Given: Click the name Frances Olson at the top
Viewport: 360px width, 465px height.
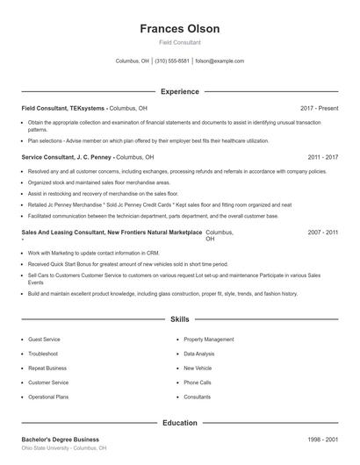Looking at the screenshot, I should point(179,28).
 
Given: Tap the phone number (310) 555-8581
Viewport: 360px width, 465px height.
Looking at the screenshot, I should point(172,61).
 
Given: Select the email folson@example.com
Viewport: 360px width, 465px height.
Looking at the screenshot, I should point(220,61).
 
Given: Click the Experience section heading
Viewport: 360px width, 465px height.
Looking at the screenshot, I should point(179,91).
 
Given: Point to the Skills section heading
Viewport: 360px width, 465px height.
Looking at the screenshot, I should point(179,320).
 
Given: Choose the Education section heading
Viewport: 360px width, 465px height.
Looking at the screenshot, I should point(179,423).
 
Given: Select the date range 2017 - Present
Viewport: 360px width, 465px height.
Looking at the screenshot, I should point(319,108).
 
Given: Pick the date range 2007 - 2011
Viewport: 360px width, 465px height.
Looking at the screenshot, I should point(322,232).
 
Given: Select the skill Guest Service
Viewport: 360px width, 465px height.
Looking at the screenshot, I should point(44,339).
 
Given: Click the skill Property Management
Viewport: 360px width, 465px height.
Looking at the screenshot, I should point(208,339).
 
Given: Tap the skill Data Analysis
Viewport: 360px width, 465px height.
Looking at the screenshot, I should point(199,354).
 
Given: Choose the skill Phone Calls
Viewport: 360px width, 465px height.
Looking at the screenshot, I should point(197,383).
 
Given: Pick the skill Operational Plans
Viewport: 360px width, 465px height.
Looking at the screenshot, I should point(48,397).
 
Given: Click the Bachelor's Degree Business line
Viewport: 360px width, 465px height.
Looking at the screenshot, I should point(60,439).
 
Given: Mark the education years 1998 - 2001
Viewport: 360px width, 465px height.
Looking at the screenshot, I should point(322,439).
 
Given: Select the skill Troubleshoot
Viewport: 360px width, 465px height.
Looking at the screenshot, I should point(44,354).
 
